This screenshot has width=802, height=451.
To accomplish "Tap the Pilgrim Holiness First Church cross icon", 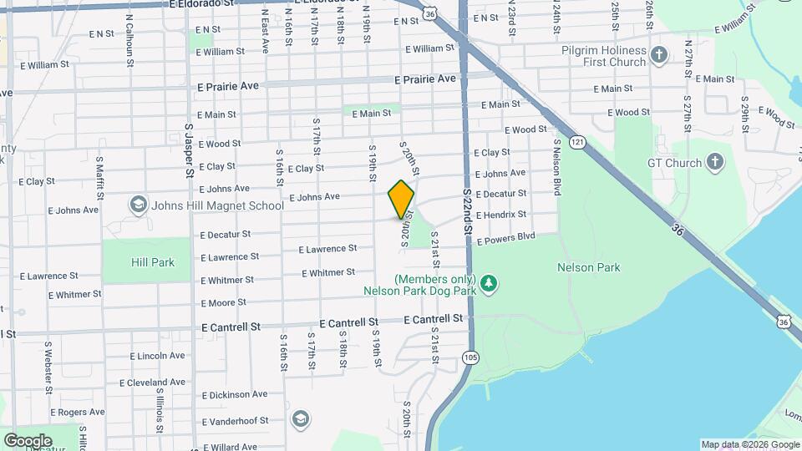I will tap(660, 56).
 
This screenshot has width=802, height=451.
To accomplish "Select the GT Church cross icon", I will tap(715, 162).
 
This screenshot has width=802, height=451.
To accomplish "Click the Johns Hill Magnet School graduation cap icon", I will tap(137, 205).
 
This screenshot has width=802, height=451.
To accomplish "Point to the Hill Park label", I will tap(153, 262).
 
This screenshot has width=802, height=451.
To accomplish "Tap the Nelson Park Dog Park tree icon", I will tap(490, 285).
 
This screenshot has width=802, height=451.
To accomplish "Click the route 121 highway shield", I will tap(577, 144).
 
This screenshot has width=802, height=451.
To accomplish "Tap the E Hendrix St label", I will tap(501, 215).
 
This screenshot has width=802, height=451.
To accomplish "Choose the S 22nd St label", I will tap(468, 209).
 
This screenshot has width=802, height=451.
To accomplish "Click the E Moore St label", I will tap(223, 303).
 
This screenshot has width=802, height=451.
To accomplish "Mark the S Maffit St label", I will tap(99, 176).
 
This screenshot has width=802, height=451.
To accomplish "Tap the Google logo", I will tap(28, 440).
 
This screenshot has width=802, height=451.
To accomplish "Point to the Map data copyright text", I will tap(749, 444).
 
